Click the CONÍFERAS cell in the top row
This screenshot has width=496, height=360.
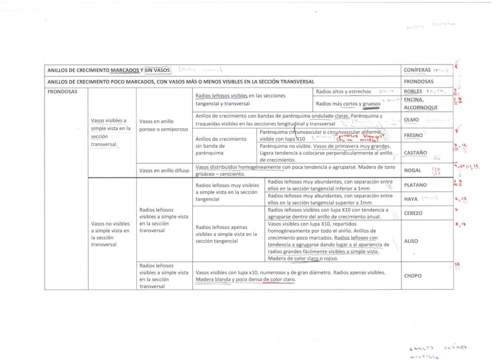click(418, 70)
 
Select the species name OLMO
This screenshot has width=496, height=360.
click(411, 120)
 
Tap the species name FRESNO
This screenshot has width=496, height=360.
click(413, 136)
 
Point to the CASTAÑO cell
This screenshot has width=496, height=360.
click(415, 153)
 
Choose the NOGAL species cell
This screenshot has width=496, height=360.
click(412, 171)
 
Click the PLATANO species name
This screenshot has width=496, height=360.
click(415, 185)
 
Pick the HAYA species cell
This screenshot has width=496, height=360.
click(410, 199)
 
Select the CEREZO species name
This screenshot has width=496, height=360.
click(413, 213)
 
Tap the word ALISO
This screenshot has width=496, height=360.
click(411, 241)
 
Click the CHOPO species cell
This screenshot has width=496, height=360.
click(413, 276)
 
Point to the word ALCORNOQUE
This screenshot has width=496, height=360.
click(421, 108)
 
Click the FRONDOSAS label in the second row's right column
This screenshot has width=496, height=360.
click(418, 81)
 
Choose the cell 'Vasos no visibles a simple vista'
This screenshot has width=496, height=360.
click(110, 234)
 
